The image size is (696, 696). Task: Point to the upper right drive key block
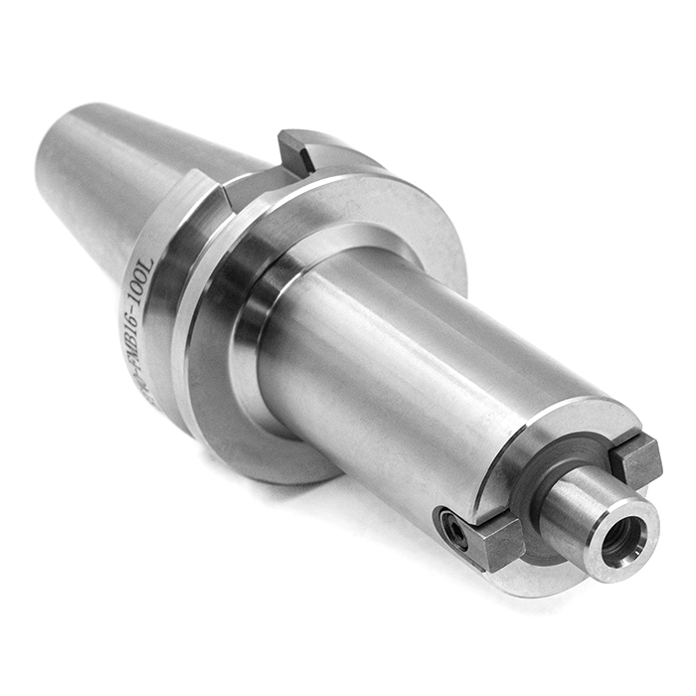(636, 458)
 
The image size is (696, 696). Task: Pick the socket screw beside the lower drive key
(454, 530)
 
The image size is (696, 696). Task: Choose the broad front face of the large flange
(418, 229)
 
